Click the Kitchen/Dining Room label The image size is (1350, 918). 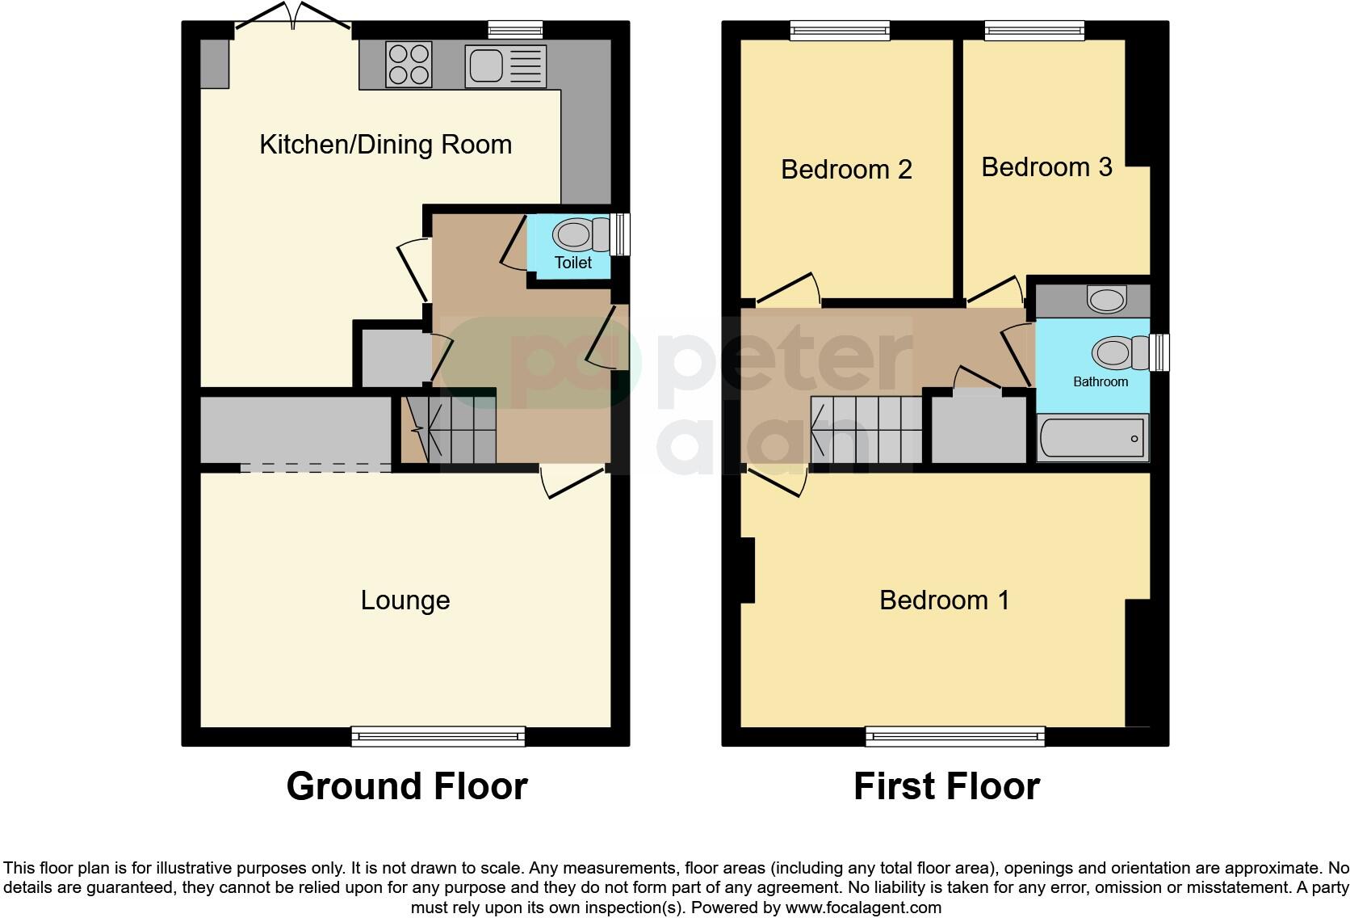(x=385, y=145)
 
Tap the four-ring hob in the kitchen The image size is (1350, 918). (x=409, y=64)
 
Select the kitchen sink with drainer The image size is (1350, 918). (x=505, y=65)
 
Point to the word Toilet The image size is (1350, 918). (x=572, y=263)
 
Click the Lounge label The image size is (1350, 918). (x=405, y=600)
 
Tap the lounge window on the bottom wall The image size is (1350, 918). (x=438, y=735)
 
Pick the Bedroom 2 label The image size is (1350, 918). (x=846, y=170)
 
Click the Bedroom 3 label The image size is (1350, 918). (x=1046, y=167)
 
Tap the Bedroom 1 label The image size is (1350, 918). (x=944, y=600)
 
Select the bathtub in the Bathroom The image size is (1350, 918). (x=1092, y=439)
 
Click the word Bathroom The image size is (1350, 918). (x=1100, y=381)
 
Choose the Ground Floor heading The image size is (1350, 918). (x=406, y=786)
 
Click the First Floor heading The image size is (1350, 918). (x=946, y=786)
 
